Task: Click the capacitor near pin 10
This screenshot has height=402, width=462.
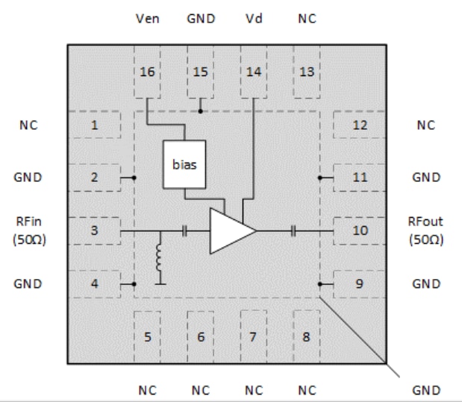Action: [295, 231]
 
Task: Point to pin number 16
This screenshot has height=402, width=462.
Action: [148, 72]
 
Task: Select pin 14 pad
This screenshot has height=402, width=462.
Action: [253, 72]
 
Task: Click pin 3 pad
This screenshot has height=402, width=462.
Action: [95, 230]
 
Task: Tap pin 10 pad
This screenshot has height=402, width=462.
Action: [360, 230]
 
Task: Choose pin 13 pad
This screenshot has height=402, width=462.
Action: [306, 72]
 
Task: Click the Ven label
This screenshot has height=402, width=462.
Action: [148, 19]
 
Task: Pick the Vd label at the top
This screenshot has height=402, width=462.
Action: [253, 19]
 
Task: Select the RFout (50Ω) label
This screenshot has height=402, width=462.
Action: [425, 230]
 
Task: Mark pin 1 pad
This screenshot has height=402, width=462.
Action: [95, 125]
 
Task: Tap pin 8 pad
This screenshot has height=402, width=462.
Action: [306, 336]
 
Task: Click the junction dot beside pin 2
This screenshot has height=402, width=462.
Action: [134, 178]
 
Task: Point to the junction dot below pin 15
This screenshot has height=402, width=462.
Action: [201, 111]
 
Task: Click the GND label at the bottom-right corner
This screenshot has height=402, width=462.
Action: [425, 389]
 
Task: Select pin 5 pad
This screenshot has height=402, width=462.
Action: [148, 336]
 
